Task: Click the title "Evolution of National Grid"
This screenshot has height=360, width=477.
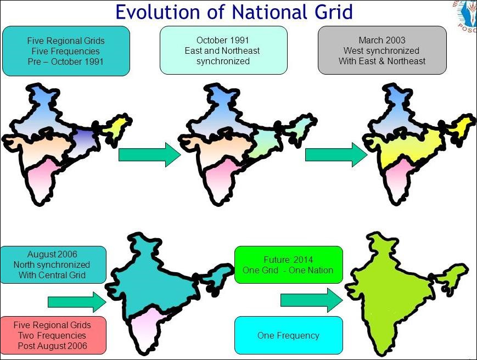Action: [234, 12]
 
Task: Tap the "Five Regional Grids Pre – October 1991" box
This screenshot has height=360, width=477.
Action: [66, 51]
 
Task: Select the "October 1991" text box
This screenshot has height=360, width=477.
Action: [223, 50]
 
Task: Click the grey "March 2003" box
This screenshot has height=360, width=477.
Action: [382, 50]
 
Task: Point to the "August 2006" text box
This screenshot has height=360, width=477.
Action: [53, 265]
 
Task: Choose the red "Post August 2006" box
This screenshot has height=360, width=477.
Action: [53, 335]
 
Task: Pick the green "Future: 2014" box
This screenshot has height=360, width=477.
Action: [288, 265]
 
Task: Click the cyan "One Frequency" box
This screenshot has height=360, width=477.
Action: [288, 335]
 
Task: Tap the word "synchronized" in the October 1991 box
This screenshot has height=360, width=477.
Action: [223, 61]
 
